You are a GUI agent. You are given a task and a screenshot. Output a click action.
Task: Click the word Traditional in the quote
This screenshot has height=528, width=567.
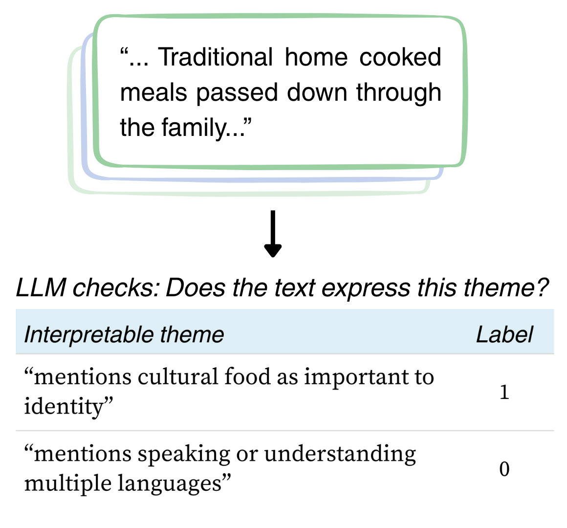(x=216, y=57)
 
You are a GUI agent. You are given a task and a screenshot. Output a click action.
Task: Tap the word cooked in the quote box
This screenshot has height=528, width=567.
(x=400, y=57)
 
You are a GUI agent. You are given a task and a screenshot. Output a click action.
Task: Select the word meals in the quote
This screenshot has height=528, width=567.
(x=153, y=92)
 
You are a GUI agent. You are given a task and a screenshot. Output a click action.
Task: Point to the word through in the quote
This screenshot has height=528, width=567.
(x=398, y=93)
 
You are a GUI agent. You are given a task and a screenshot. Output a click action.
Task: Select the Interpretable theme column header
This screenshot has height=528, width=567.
(x=124, y=335)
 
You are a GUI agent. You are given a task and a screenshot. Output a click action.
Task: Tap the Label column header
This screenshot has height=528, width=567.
(x=504, y=335)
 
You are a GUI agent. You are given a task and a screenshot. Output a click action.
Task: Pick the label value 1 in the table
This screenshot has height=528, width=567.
(x=504, y=392)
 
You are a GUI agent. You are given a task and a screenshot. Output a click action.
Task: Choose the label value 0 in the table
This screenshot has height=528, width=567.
(x=504, y=469)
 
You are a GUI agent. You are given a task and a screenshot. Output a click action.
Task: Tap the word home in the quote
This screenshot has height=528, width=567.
(x=316, y=57)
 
